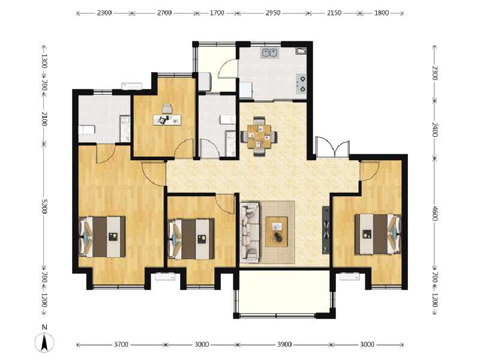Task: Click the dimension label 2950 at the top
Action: point(271,12)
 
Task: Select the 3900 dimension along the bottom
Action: point(284,344)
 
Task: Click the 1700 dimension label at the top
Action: point(217,12)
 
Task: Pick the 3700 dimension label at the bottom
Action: point(121,344)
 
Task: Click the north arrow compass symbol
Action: point(44,340)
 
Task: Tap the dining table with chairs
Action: point(259,136)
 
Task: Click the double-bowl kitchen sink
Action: point(269,53)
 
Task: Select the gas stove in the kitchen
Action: point(302,84)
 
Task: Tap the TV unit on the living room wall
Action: point(326,230)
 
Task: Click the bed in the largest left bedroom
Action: point(103,236)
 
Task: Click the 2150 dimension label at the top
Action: point(334,12)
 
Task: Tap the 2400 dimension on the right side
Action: point(435,129)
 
